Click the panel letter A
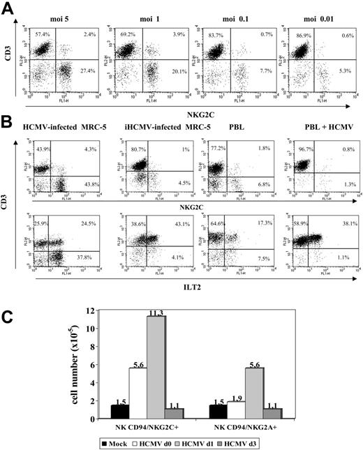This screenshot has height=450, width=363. point(10,8)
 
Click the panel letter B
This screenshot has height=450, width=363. point(10,123)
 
